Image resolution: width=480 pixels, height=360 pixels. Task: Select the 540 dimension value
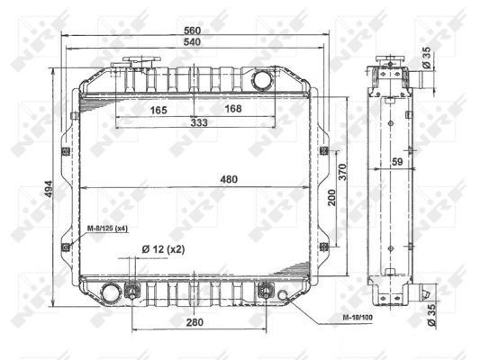coord(191,41)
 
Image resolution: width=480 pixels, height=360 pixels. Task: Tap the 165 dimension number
coord(158,110)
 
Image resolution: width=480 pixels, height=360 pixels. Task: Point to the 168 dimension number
coord(232,110)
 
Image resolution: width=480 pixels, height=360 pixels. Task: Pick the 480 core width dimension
coord(229,180)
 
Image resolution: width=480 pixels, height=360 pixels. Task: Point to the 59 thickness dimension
coord(396,162)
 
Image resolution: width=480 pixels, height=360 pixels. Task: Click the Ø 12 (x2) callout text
coord(164,249)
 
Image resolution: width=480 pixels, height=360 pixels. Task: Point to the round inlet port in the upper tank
coord(262,79)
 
